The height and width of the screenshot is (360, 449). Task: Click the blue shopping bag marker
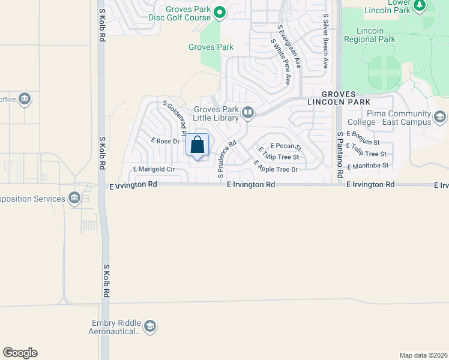click(197, 145)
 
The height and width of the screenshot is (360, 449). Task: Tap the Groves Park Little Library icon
click(247, 112)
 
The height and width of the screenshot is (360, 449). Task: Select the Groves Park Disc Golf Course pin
click(220, 11)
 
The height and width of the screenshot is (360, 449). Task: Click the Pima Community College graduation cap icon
click(440, 116)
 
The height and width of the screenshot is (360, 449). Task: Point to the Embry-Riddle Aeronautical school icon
click(149, 326)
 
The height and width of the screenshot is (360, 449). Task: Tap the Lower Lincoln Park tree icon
click(420, 6)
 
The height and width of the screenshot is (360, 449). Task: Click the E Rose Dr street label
click(166, 141)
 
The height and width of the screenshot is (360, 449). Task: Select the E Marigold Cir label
click(149, 170)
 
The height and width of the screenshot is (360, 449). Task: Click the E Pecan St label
click(286, 146)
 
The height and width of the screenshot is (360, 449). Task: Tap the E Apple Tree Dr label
click(276, 166)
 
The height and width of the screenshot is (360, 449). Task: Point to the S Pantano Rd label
click(340, 155)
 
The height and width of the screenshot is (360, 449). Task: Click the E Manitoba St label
click(368, 165)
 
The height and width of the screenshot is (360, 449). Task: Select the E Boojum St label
click(363, 138)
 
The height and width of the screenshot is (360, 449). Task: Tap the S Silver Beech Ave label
click(326, 41)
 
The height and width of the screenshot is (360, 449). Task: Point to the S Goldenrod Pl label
click(175, 118)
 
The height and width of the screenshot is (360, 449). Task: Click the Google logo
click(20, 353)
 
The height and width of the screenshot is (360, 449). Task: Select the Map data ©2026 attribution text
click(423, 355)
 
